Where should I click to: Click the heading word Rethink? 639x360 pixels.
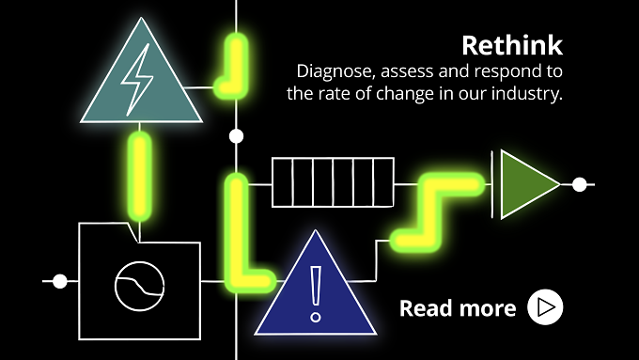point(512,45)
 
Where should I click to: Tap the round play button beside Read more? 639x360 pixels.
point(545,307)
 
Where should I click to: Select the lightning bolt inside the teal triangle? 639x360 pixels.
point(138,80)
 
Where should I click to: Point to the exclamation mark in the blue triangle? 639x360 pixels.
point(316,293)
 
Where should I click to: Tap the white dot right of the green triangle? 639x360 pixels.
point(579,184)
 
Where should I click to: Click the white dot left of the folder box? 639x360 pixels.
point(60,281)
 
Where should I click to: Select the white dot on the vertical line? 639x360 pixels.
point(236,136)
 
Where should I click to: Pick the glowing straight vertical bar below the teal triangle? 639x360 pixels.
point(140,176)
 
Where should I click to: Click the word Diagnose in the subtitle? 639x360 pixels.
point(335,72)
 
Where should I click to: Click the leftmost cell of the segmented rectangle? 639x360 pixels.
point(282,182)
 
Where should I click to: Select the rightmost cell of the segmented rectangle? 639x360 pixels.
point(384,182)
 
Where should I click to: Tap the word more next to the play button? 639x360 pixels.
point(485,308)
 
